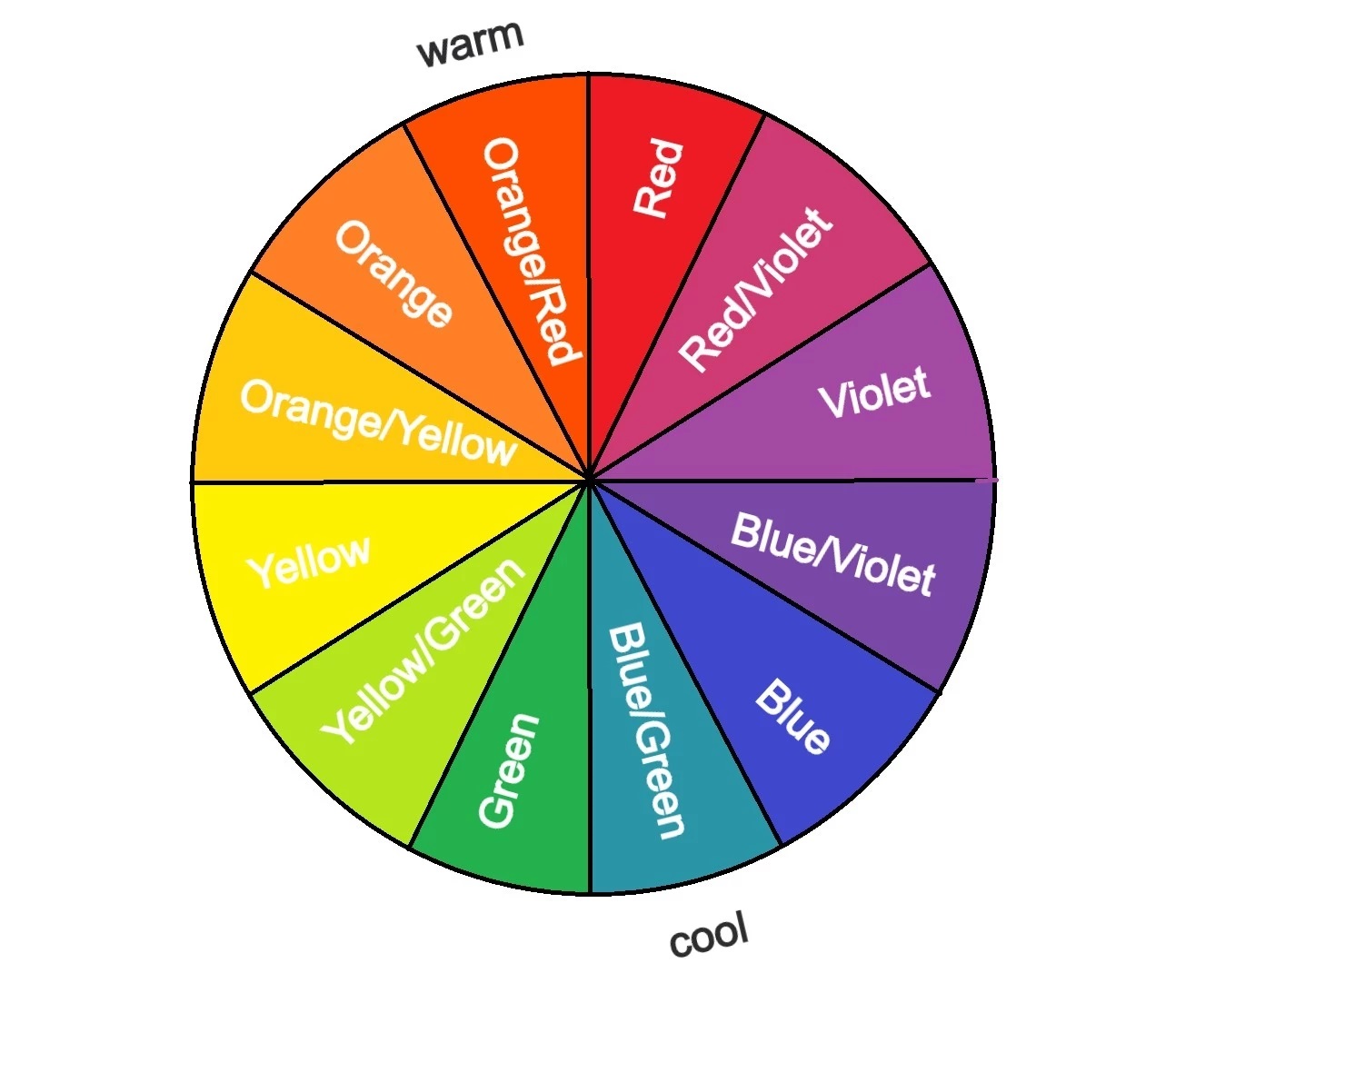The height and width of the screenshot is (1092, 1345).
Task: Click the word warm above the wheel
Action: (470, 43)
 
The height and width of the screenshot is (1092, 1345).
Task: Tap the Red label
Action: (658, 178)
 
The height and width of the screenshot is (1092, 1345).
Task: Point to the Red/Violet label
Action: (756, 290)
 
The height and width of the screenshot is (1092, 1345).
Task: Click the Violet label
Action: (874, 392)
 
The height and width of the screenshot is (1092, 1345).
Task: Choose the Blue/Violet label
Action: (832, 554)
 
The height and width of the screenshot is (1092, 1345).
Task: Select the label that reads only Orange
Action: (394, 273)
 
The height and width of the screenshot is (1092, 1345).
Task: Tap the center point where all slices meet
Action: (590, 480)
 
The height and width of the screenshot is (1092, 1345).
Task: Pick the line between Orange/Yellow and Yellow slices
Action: (382, 481)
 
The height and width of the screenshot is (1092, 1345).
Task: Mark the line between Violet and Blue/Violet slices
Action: (800, 480)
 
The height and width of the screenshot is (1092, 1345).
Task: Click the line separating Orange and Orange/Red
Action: (495, 299)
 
